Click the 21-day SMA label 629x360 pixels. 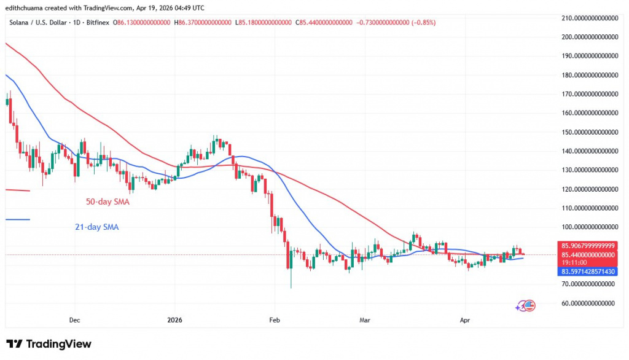point(93,227)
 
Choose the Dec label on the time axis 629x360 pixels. point(75,320)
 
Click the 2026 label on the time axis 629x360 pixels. point(174,320)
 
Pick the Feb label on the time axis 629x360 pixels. point(275,320)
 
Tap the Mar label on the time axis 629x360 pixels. point(364,320)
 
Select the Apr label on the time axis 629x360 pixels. point(464,320)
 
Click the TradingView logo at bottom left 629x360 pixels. point(49,344)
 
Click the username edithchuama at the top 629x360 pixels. point(28,7)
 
